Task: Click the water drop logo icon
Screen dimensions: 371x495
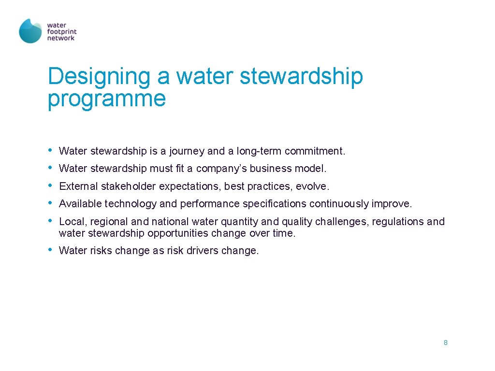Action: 30,31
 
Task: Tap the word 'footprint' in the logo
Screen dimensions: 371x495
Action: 61,31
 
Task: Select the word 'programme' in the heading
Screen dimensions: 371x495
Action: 107,99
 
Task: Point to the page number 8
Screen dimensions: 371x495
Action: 445,342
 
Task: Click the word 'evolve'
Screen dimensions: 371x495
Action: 312,186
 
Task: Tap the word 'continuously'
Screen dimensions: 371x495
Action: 338,204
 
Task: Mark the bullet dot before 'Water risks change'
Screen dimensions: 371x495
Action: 51,250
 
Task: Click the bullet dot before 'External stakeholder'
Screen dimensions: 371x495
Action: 51,185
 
